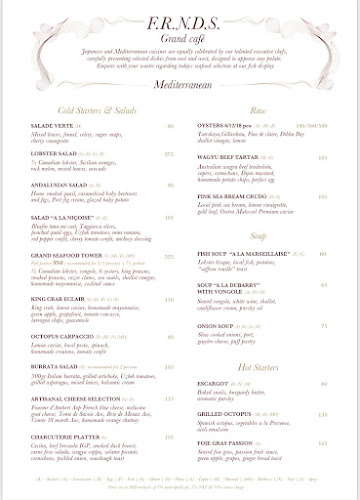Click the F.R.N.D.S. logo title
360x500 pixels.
181,22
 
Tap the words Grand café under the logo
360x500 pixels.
181,39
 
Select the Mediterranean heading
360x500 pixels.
181,87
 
